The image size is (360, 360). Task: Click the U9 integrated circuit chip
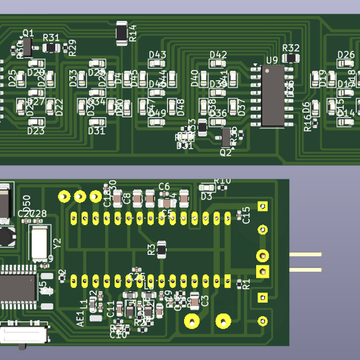[273, 96]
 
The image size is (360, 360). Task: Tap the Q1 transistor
[27, 46]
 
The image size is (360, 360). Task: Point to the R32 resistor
[291, 58]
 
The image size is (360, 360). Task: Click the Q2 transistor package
[226, 136]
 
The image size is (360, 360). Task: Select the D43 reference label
[157, 55]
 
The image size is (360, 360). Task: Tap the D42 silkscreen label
[218, 55]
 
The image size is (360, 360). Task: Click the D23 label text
[36, 131]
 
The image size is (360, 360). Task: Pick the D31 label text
[97, 131]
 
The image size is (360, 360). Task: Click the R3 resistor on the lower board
[161, 248]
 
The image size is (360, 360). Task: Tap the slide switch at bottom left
[24, 334]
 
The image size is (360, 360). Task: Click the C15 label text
[245, 215]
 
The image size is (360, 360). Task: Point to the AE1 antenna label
[81, 318]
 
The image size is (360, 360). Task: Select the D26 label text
[346, 55]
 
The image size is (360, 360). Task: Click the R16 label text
[308, 124]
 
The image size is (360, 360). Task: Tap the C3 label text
[205, 300]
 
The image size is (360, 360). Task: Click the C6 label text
[164, 186]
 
